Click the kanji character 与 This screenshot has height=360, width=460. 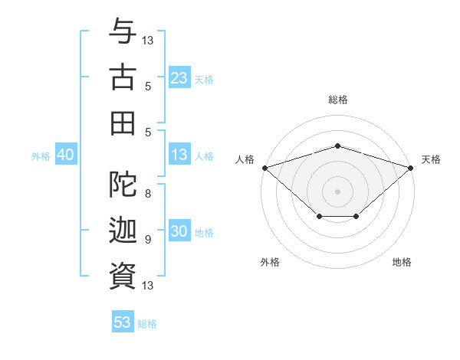tap(123, 32)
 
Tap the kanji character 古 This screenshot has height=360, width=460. tap(123, 77)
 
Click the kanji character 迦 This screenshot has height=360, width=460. tap(123, 230)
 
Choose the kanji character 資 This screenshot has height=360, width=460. tap(123, 276)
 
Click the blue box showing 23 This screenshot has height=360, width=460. tap(179, 78)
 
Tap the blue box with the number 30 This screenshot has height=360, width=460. tap(179, 232)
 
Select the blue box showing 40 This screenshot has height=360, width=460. tap(65, 155)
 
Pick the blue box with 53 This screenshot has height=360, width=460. tap(123, 322)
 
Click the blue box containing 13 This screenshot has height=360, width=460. tap(179, 155)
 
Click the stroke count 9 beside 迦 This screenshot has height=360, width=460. tap(148, 239)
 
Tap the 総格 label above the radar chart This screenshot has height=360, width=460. tap(337, 100)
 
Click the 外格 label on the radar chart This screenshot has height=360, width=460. tap(270, 262)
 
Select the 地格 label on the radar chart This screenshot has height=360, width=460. tap(402, 262)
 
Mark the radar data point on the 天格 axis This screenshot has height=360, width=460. tap(411, 167)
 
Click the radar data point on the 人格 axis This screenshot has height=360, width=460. tap(264, 167)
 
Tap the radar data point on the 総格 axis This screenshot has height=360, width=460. tap(337, 146)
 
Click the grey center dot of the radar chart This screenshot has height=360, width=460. tap(337, 191)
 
